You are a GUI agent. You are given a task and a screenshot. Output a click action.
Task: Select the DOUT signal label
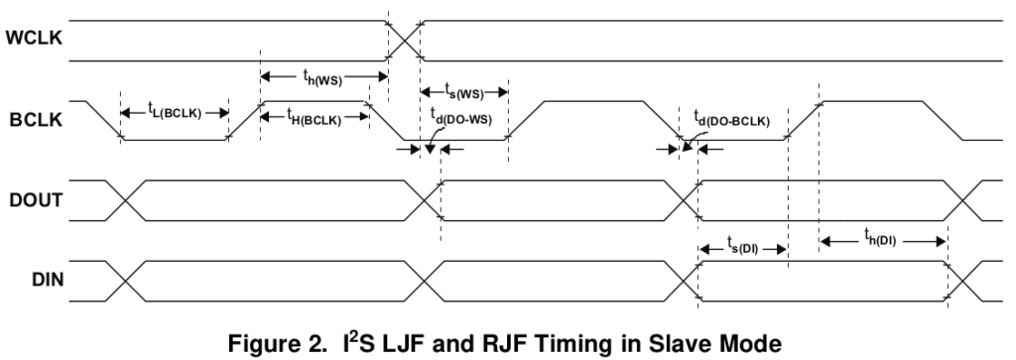(x=34, y=199)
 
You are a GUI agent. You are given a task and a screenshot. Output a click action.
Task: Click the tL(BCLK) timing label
(x=174, y=114)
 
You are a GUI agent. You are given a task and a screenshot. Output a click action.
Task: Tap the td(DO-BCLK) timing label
(x=731, y=122)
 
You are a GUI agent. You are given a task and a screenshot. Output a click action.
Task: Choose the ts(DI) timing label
(x=742, y=248)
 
